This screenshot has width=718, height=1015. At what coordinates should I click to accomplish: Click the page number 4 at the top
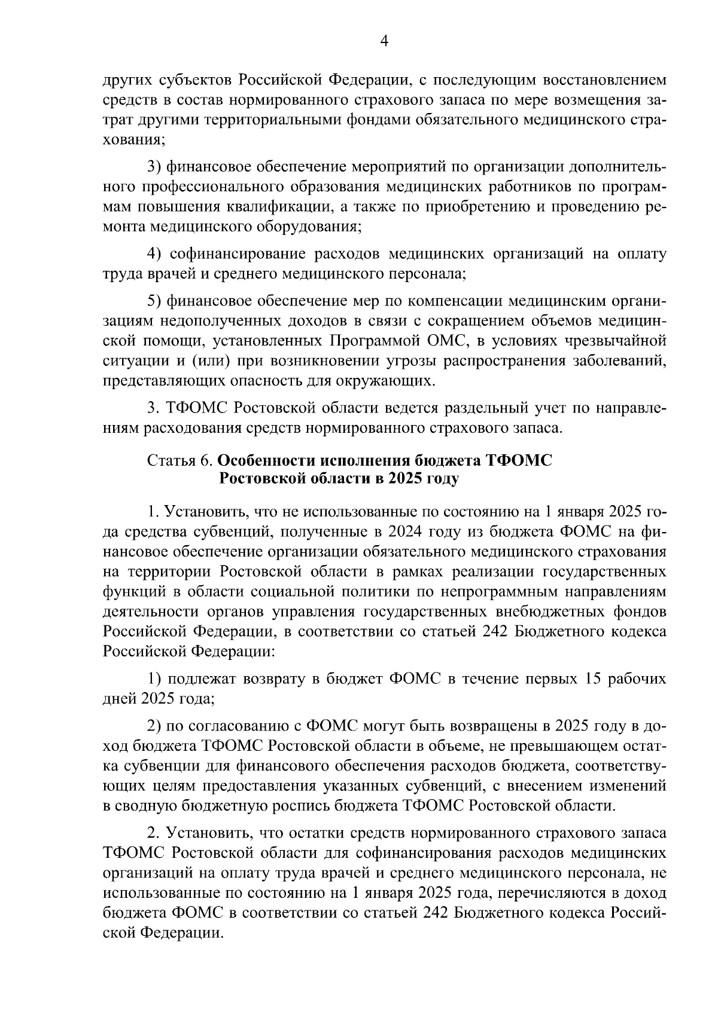(385, 41)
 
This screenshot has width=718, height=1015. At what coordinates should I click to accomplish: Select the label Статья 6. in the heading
(180, 460)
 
